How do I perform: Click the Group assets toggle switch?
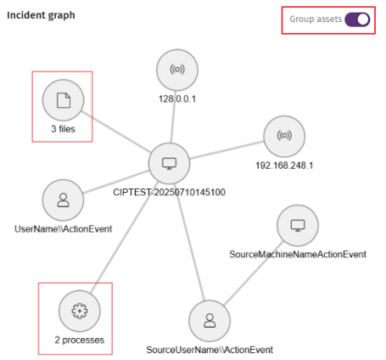click(357, 20)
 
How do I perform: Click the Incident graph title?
click(41, 15)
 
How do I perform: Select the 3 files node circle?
click(63, 100)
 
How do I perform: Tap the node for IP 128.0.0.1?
click(177, 70)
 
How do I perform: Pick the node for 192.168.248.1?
click(284, 136)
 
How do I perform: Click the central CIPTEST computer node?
click(169, 163)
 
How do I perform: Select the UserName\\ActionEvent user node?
click(63, 200)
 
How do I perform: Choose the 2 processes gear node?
click(80, 311)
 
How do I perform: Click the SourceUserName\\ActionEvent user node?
click(210, 321)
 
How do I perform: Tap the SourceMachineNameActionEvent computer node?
click(298, 226)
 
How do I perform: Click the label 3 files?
click(63, 129)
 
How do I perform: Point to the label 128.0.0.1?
click(177, 99)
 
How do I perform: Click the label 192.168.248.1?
click(284, 166)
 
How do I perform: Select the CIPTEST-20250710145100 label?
click(169, 192)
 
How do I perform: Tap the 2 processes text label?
click(80, 340)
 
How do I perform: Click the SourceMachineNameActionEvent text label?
click(298, 254)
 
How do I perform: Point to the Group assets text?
click(316, 20)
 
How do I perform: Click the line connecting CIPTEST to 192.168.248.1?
click(227, 150)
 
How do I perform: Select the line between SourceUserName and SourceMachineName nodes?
click(254, 273)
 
